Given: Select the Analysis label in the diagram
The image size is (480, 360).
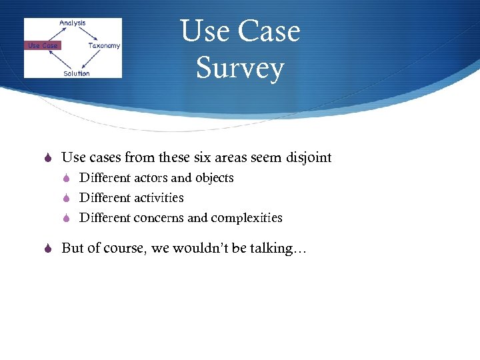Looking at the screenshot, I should pyautogui.click(x=72, y=23).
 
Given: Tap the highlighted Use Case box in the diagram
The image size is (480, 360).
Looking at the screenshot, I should pyautogui.click(x=42, y=45).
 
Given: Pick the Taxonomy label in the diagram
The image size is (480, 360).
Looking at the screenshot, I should pyautogui.click(x=104, y=45).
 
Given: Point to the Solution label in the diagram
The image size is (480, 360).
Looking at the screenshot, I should pyautogui.click(x=76, y=73).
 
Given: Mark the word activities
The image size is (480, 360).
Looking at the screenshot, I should pyautogui.click(x=159, y=198).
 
